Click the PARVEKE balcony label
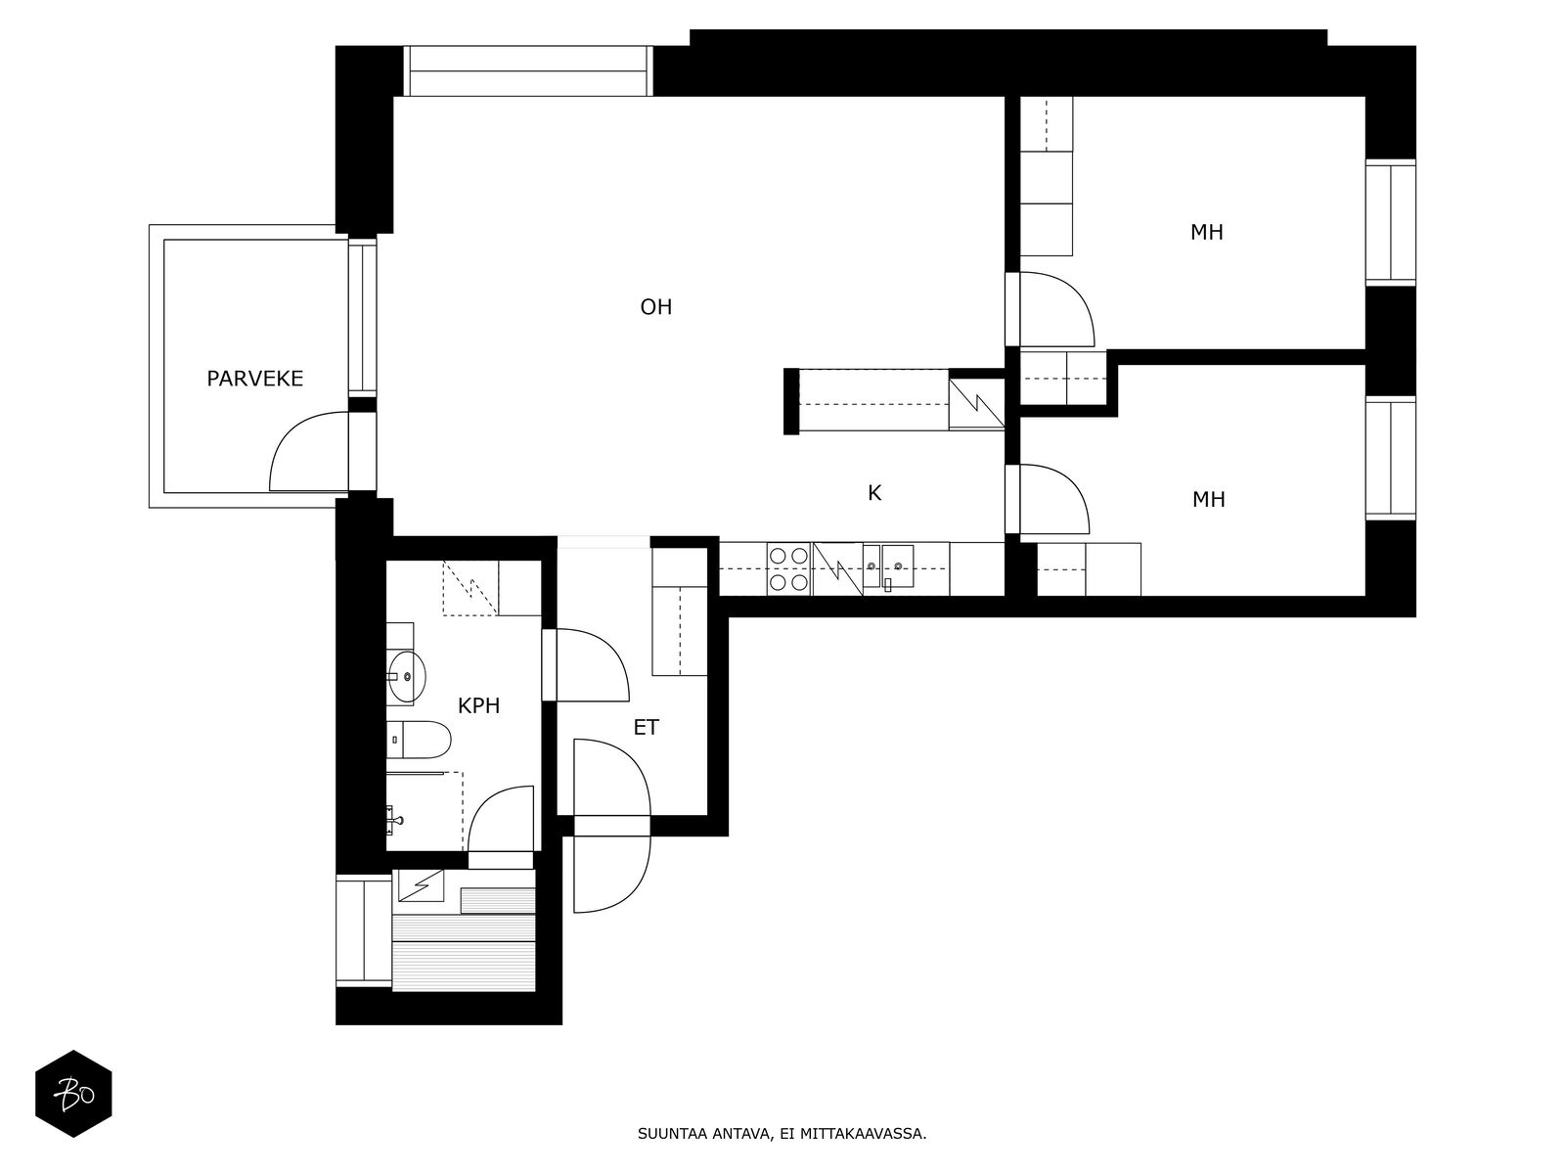254,379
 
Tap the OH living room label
656,306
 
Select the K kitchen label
874,492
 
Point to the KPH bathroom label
478,705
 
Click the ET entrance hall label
646,727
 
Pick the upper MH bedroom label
1206,233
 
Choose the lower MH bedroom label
1209,500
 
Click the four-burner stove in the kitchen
788,568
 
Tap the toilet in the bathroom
420,740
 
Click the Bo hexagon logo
73,1094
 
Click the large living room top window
528,70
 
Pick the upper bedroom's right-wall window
1390,222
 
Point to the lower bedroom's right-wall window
1390,458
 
